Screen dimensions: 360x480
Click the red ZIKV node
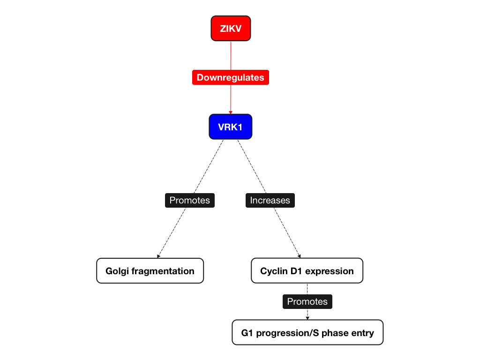coord(231,29)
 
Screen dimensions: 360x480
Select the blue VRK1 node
coord(230,127)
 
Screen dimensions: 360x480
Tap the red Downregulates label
coord(230,77)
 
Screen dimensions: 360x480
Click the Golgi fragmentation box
coord(150,271)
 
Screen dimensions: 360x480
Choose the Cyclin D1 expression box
coord(307,271)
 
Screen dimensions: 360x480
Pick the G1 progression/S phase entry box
coord(307,333)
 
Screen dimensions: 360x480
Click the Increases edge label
coord(270,200)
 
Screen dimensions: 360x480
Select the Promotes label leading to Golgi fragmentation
coord(189,200)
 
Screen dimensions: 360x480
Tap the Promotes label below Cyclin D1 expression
coord(307,301)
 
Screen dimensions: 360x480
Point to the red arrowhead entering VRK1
coord(231,112)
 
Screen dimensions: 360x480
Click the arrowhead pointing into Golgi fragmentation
coord(159,256)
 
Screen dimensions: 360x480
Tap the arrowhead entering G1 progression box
coord(307,318)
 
